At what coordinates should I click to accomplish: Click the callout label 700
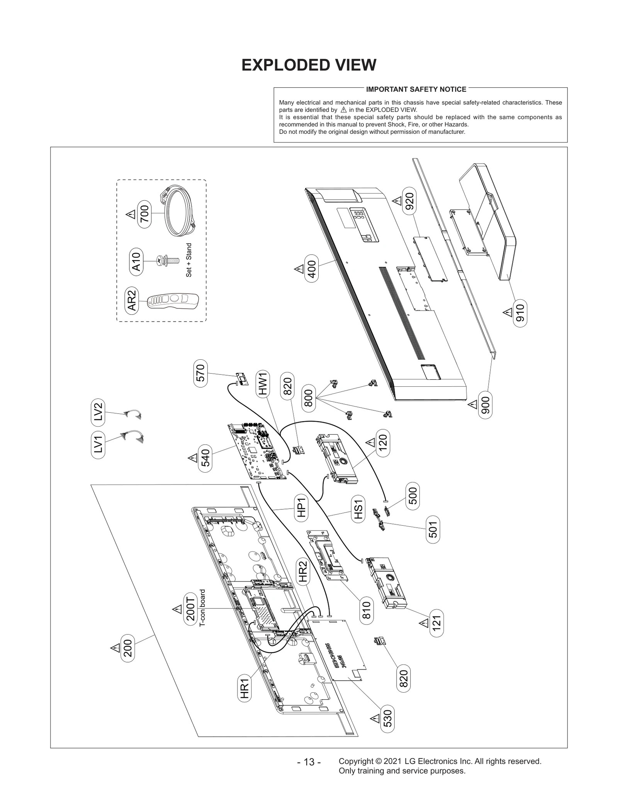coord(144,214)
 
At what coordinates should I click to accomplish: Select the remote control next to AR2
coord(173,301)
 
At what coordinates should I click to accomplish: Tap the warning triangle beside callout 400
coord(299,269)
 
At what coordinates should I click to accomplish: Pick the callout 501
coord(433,529)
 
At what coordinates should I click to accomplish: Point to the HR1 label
coord(244,689)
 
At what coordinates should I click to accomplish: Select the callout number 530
coord(387,719)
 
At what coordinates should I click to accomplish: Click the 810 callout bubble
coord(366,610)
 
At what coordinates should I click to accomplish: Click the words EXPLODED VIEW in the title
coord(309,65)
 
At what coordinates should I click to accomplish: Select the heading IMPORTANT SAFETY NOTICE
coord(416,89)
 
